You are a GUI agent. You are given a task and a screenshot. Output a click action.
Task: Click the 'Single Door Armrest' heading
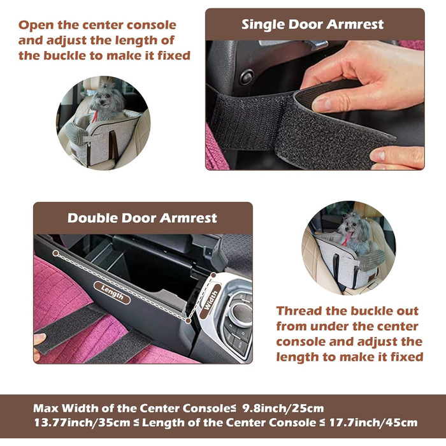tap(312, 24)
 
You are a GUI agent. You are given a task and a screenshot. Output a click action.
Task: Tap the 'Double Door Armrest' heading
tap(142, 218)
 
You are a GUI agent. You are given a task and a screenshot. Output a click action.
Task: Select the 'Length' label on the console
tap(112, 292)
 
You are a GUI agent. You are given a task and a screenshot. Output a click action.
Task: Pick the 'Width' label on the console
tap(210, 301)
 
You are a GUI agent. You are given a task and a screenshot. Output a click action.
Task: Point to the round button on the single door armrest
tap(247, 77)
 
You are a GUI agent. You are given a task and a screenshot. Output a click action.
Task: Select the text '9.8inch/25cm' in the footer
tap(284, 408)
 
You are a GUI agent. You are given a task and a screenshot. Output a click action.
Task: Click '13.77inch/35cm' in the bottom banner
tap(82, 422)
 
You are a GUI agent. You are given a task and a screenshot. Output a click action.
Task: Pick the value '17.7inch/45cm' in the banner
tap(373, 422)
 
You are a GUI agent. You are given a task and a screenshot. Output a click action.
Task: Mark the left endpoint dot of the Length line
tap(56, 253)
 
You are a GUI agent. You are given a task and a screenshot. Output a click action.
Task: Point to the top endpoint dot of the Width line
tap(213, 275)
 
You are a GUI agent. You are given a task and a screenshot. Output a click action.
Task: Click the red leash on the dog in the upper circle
tap(95, 117)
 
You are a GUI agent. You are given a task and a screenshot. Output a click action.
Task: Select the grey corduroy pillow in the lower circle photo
tap(372, 260)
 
